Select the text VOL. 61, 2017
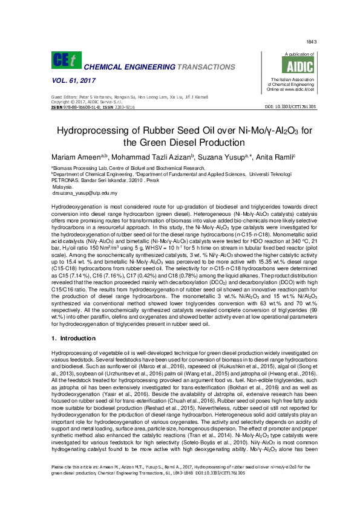[74, 81]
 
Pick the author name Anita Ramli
[276, 157]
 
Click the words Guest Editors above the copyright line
[65, 97]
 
